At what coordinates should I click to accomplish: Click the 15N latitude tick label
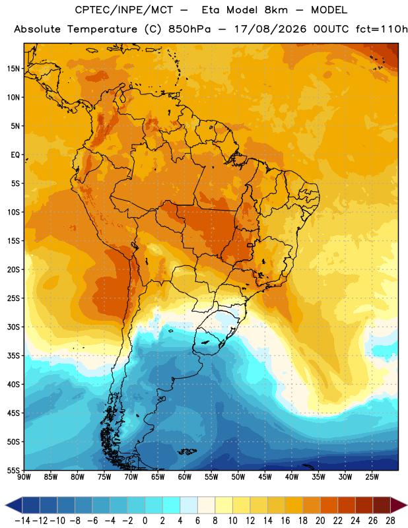pos(13,69)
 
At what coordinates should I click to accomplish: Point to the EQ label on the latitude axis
pos(15,155)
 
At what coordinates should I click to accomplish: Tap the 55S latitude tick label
pos(13,470)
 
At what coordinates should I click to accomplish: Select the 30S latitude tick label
pos(13,327)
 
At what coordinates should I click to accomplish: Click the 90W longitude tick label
pos(24,477)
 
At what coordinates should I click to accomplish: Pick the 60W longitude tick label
pos(185,477)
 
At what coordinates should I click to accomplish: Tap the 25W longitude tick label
pos(372,477)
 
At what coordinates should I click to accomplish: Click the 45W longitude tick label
pos(265,477)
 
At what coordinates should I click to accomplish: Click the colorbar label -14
pos(22,521)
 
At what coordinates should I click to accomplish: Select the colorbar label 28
pos(390,521)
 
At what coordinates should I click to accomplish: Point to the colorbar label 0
pos(145,521)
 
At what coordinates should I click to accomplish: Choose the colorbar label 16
pos(285,521)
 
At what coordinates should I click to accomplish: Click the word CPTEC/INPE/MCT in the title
pos(124,10)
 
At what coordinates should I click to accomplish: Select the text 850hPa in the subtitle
pos(189,29)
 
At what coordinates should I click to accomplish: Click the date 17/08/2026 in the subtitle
pos(270,29)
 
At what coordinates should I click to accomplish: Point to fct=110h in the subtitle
pos(382,29)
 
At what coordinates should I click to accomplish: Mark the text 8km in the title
pos(276,10)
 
